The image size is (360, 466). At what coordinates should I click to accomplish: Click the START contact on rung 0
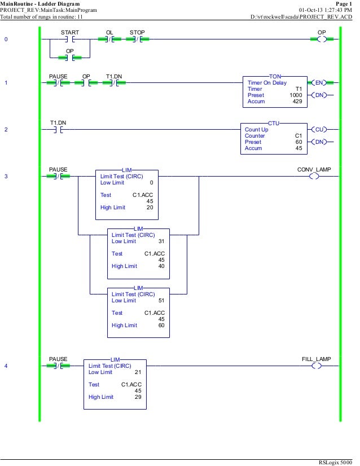(x=69, y=39)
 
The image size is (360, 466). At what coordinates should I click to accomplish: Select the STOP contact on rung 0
(x=137, y=39)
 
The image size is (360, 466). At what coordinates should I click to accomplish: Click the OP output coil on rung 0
(x=322, y=39)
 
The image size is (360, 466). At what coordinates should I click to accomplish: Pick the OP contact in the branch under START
(x=69, y=57)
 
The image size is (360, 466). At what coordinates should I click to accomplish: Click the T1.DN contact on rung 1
(x=112, y=83)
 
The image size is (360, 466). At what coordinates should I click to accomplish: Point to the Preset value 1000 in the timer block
(x=296, y=95)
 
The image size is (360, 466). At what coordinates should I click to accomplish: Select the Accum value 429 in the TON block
(x=297, y=102)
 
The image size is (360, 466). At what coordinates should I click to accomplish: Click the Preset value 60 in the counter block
(x=298, y=142)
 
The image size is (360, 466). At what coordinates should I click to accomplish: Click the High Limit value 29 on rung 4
(x=138, y=397)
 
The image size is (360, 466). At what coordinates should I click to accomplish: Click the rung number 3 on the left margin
(x=6, y=177)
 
